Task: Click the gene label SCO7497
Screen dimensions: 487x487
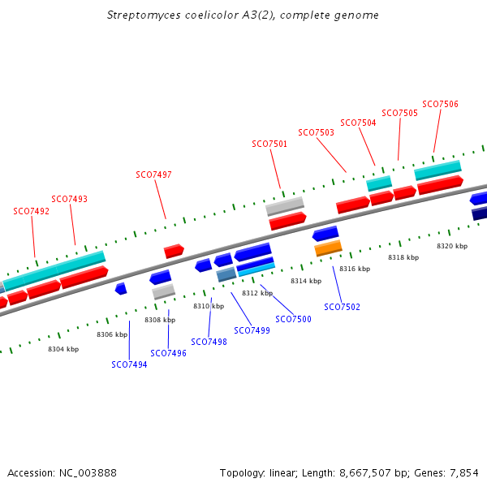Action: point(153,175)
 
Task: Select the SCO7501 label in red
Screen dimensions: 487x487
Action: point(269,144)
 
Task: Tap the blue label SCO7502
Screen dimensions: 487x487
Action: point(342,307)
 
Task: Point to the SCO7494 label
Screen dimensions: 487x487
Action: point(129,364)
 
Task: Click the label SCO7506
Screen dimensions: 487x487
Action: point(440,104)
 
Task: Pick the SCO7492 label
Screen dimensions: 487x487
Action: point(31,211)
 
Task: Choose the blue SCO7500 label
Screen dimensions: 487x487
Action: point(293,319)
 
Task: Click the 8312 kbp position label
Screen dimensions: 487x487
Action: point(256,293)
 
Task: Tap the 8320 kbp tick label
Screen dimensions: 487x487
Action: point(452,245)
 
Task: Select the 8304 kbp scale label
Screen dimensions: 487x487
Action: point(63,349)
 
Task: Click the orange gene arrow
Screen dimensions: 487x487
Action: point(328,248)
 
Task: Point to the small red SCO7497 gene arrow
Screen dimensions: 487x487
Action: point(174,251)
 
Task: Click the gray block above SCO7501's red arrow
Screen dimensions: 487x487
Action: point(285,206)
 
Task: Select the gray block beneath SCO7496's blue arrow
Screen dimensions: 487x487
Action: point(164,291)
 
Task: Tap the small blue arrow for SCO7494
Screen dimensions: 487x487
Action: point(121,288)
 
